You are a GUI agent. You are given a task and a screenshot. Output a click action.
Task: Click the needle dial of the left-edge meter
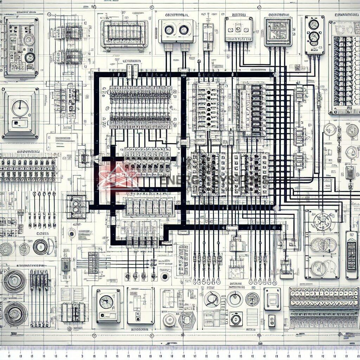(20, 107)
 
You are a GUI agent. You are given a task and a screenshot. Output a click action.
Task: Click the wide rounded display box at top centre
(124, 33)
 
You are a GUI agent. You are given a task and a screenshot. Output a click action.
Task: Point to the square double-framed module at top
(278, 32)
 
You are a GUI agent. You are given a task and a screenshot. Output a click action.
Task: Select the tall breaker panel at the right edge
(344, 67)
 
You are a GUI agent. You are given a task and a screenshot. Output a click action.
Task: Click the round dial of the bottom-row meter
(106, 302)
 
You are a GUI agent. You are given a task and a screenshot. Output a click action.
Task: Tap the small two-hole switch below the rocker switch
(272, 321)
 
